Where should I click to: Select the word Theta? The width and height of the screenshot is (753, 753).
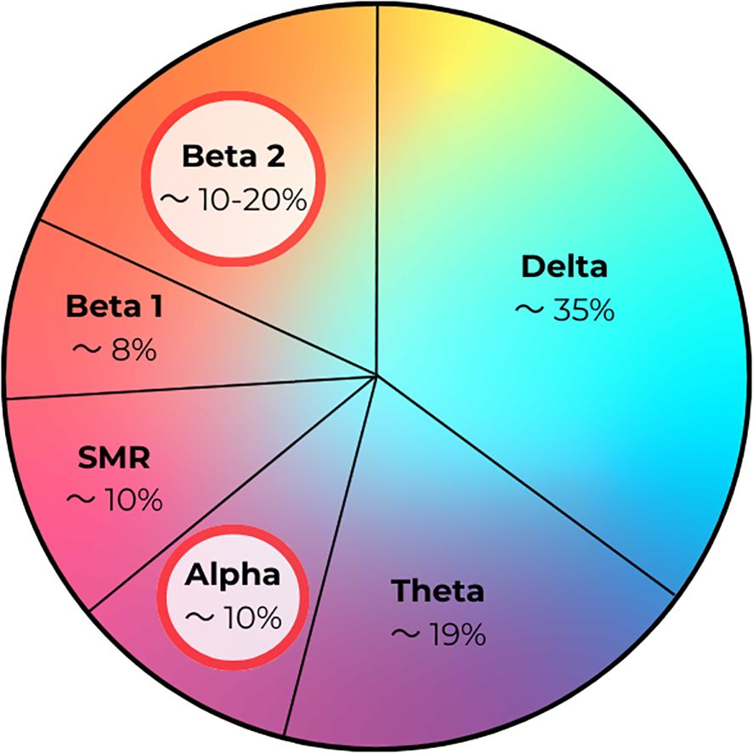(437, 590)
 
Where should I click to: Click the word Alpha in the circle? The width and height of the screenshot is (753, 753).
(234, 575)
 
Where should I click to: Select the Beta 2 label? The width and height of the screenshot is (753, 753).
(233, 156)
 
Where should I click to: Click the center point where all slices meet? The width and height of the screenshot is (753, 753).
(377, 373)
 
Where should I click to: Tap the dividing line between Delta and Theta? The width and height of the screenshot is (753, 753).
(527, 484)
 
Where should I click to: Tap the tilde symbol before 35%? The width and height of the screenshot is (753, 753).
(529, 310)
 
